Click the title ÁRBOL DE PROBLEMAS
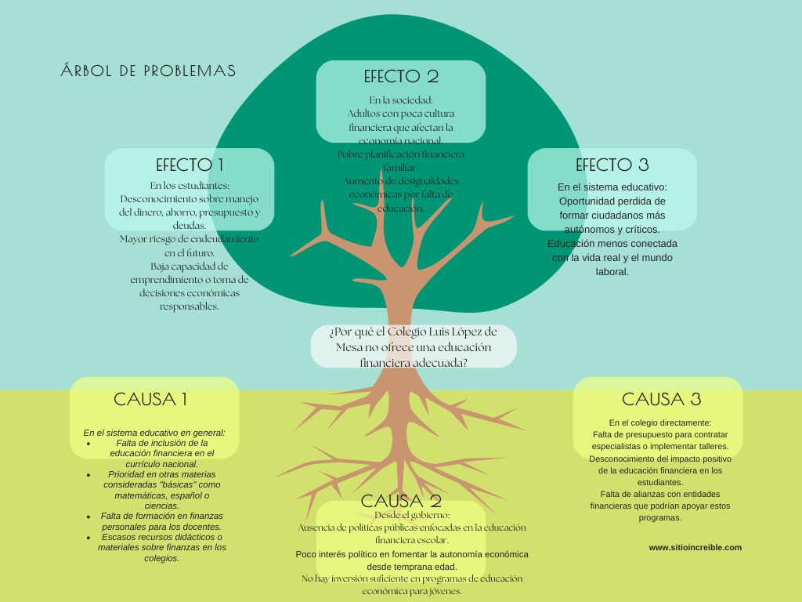pos(148,71)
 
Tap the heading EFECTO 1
pos(190,165)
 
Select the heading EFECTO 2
pos(401,76)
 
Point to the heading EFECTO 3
pos(612,165)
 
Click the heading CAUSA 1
pos(150,399)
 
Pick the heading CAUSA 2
pos(401,501)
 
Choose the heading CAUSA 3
pos(661,399)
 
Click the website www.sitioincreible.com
pos(695,548)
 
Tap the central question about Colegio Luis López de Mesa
pos(414,346)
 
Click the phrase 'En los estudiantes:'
pos(190,186)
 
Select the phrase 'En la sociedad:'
pos(401,100)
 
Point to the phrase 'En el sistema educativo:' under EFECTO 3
pos(612,188)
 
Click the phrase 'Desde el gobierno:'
pos(412,515)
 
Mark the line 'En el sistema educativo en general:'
pos(154,433)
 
